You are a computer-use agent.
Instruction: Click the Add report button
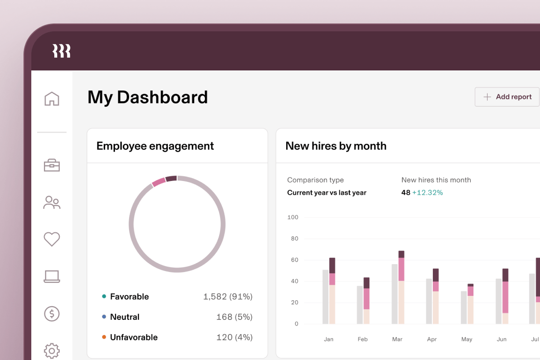point(507,97)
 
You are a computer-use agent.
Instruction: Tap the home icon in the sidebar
point(52,98)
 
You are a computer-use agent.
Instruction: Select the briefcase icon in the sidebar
point(52,165)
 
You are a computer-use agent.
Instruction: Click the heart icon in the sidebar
point(52,239)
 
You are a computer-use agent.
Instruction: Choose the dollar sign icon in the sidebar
point(52,314)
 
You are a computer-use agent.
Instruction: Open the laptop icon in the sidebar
point(52,276)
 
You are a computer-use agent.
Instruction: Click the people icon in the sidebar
point(52,202)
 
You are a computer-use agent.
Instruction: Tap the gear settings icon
point(52,350)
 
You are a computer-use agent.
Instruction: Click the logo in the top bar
point(62,51)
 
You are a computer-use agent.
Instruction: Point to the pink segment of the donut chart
point(158,182)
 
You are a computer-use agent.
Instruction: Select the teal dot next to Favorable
point(104,296)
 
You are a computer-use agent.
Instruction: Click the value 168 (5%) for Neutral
point(234,317)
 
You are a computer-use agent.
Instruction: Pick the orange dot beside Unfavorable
point(104,337)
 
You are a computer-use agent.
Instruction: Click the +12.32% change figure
point(427,193)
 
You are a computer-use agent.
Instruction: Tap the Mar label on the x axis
point(397,339)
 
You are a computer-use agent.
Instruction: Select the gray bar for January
point(325,296)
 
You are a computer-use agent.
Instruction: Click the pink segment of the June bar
point(505,297)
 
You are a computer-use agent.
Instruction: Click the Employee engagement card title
point(155,146)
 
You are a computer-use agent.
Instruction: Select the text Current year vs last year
point(327,193)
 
